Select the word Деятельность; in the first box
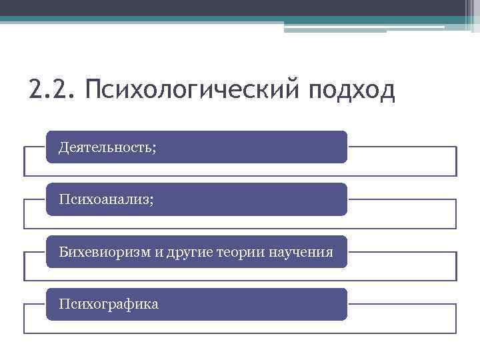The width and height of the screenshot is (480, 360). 107,147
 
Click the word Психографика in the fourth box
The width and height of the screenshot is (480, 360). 109,305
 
